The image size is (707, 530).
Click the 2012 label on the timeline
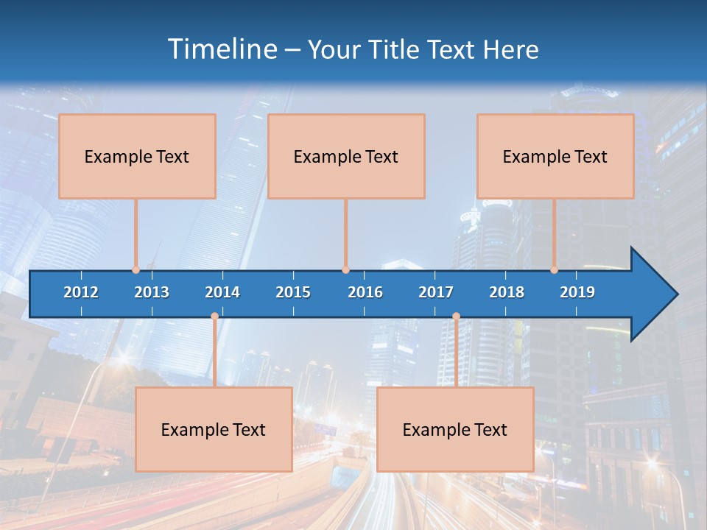(x=81, y=292)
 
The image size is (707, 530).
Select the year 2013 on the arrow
(x=152, y=292)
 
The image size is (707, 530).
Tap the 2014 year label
(x=222, y=292)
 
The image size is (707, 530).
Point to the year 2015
(x=293, y=292)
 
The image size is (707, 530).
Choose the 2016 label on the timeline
(x=365, y=292)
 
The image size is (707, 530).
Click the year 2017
(x=436, y=292)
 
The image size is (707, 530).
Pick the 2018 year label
(x=507, y=292)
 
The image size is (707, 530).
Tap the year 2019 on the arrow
(x=577, y=292)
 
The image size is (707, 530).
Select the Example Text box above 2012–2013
(x=137, y=156)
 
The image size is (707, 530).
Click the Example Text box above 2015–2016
(x=346, y=156)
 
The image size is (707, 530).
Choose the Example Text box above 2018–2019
(x=555, y=156)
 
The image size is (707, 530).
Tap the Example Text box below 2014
(x=214, y=429)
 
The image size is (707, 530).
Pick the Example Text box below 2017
(x=455, y=429)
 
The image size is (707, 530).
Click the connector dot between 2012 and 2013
(x=136, y=269)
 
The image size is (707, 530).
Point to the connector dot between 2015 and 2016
(x=345, y=269)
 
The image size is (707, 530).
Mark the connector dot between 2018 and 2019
(x=554, y=269)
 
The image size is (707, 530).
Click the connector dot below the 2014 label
(x=214, y=317)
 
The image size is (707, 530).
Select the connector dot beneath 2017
(x=456, y=317)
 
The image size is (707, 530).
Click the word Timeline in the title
(x=221, y=49)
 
